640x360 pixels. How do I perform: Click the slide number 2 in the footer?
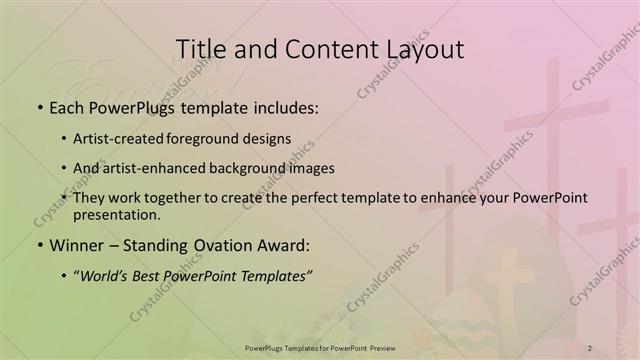click(590, 348)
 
